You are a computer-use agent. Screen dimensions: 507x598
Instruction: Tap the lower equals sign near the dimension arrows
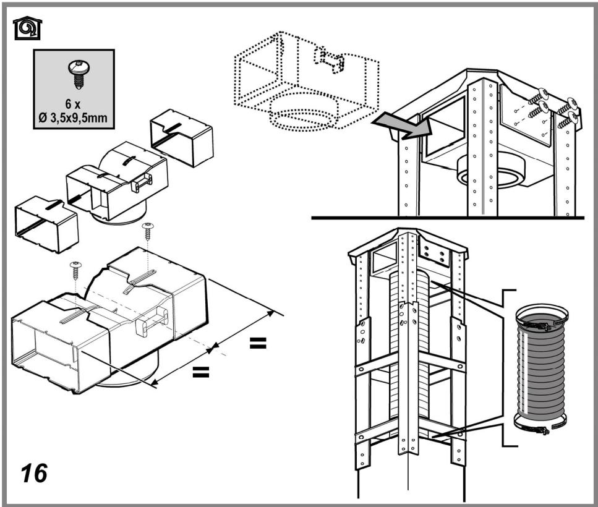click(200, 372)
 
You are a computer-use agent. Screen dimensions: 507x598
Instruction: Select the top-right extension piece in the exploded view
click(181, 137)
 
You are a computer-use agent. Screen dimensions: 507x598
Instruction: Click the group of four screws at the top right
click(553, 105)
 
